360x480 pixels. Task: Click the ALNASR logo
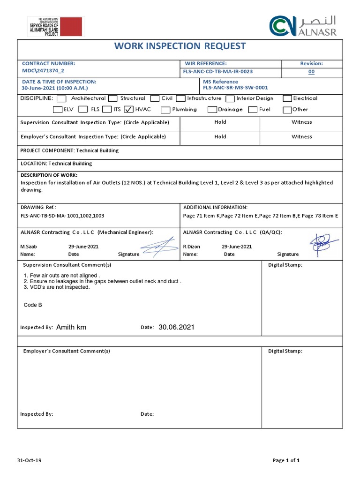[303, 26]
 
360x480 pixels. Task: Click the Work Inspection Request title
[180, 46]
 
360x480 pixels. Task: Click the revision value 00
[311, 72]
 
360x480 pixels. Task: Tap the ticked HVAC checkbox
[128, 110]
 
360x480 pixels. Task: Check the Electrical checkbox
[287, 99]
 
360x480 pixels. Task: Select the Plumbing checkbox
[165, 110]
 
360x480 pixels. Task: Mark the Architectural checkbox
[61, 99]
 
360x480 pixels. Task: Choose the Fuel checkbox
[253, 110]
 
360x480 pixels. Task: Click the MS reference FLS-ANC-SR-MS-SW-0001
[235, 88]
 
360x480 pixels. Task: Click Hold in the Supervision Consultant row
[220, 122]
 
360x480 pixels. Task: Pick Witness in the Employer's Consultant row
[301, 137]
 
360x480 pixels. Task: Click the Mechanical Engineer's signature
[159, 247]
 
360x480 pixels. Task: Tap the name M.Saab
[28, 247]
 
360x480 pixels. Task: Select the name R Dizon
[191, 247]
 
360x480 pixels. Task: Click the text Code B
[33, 305]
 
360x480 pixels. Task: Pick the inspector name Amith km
[71, 327]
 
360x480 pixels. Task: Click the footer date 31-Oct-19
[30, 460]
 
